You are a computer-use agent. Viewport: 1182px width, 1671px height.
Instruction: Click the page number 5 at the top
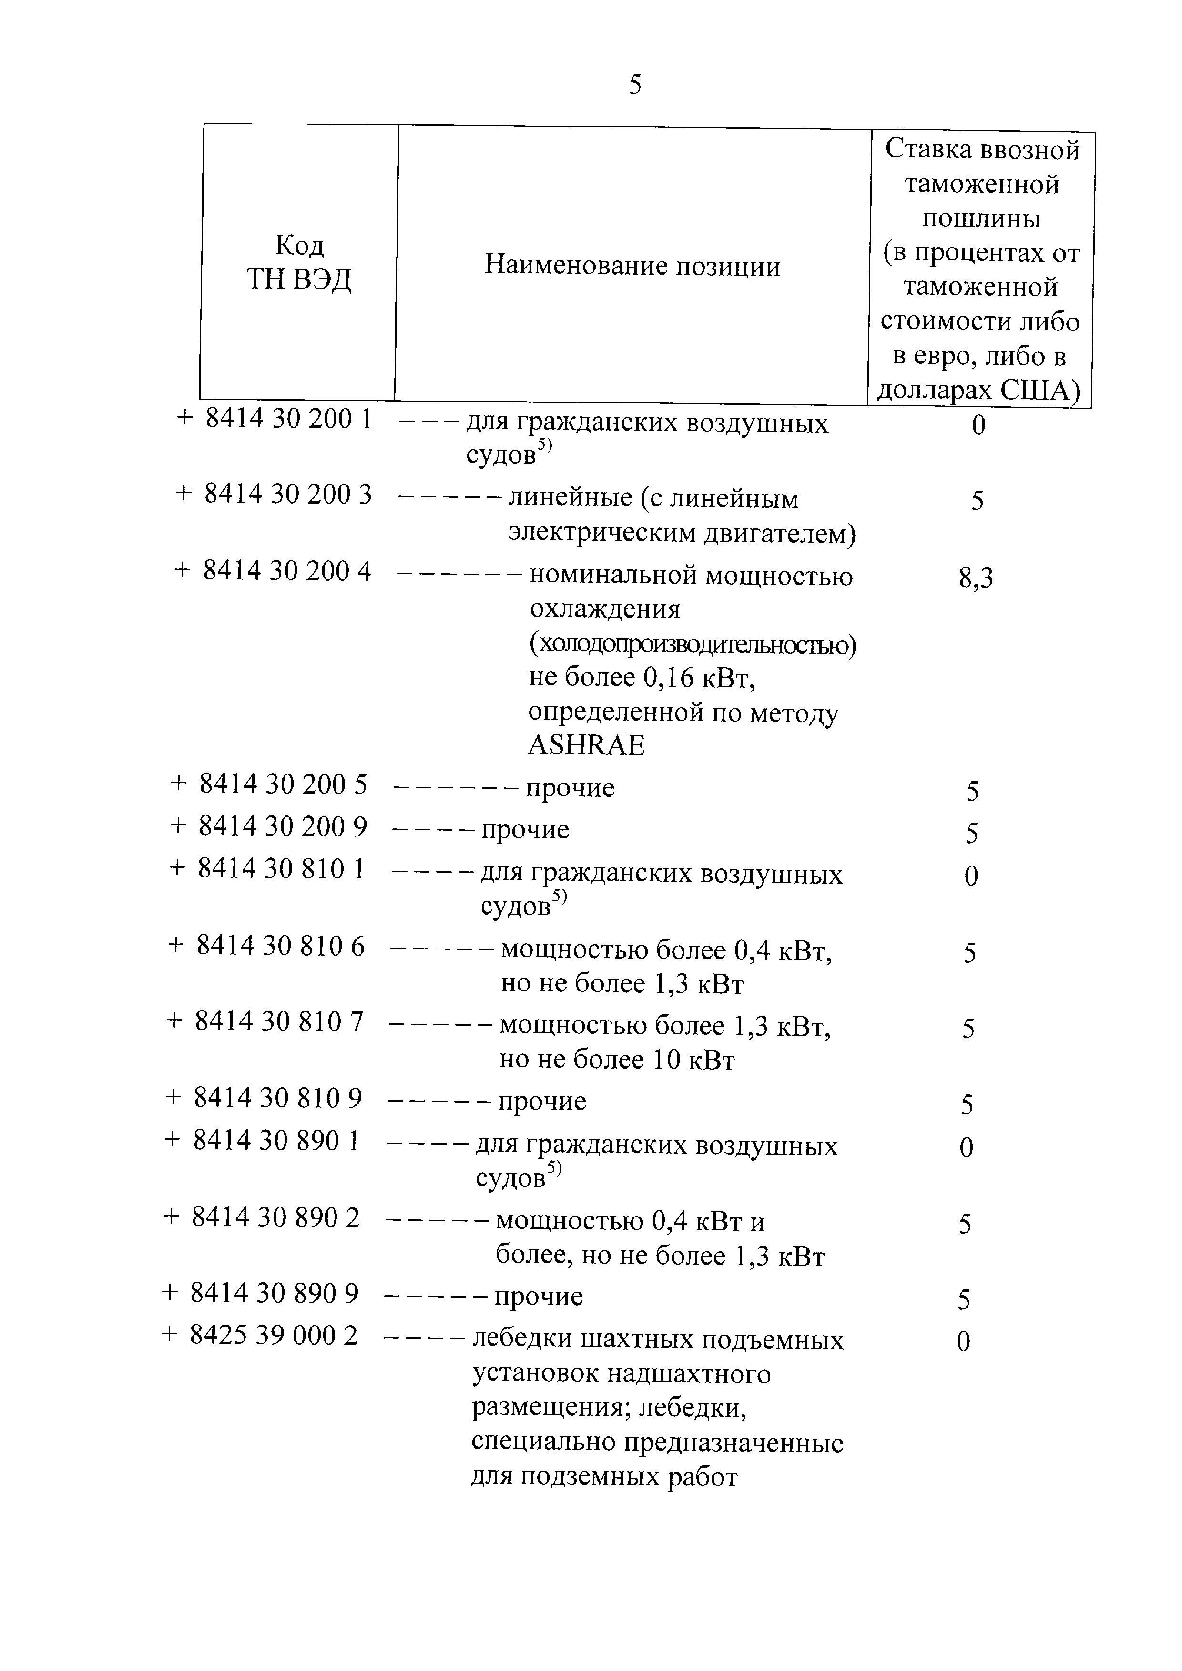[635, 86]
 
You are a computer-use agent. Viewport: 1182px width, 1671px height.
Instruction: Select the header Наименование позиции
[632, 266]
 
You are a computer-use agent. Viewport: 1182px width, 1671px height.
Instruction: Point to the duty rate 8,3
[975, 579]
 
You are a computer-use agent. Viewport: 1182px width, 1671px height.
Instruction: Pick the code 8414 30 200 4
[287, 572]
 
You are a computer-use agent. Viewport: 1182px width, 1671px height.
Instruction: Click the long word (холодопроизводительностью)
[692, 644]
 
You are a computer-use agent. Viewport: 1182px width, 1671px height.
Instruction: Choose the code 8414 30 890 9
[275, 1293]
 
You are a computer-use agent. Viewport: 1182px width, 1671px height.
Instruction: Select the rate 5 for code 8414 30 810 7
[968, 1028]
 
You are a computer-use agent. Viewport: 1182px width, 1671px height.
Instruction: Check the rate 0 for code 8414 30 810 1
[971, 876]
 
